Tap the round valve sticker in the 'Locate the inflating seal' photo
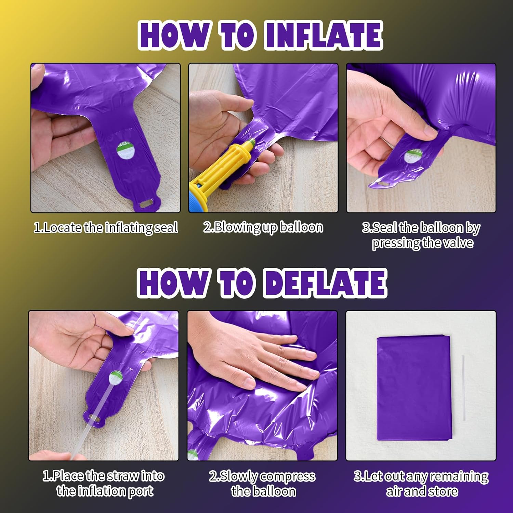click(x=126, y=151)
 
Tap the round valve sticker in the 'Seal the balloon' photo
click(x=413, y=156)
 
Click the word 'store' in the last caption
click(x=443, y=491)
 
